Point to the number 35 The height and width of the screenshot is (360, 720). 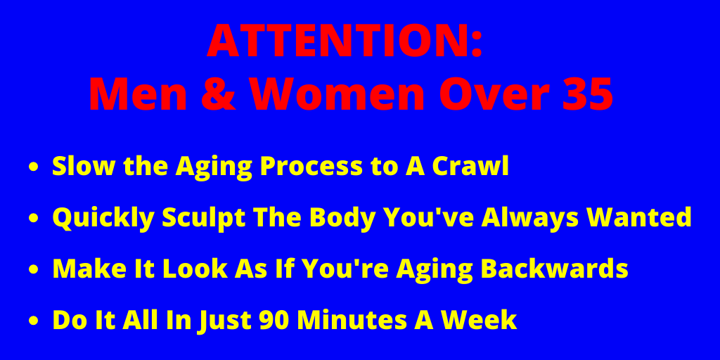click(x=586, y=94)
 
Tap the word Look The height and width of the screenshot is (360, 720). click(x=160, y=269)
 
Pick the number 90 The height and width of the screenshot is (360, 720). click(x=275, y=320)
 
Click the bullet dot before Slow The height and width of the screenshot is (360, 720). click(x=33, y=169)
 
